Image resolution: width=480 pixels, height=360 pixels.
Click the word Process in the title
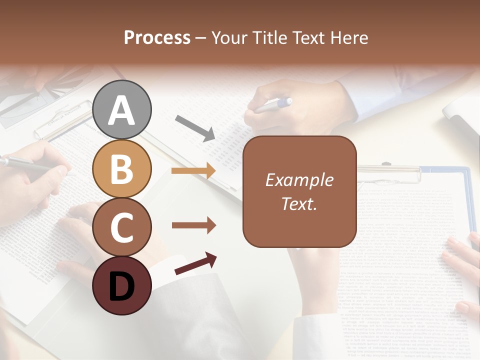157,37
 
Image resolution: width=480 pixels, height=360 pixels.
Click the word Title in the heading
270,37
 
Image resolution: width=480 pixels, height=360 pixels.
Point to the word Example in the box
299,180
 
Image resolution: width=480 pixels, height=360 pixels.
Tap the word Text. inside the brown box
299,203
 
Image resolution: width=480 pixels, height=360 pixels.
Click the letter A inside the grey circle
122,111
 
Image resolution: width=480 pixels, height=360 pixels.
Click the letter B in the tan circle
122,169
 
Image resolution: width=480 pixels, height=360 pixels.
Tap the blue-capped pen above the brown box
272,105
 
